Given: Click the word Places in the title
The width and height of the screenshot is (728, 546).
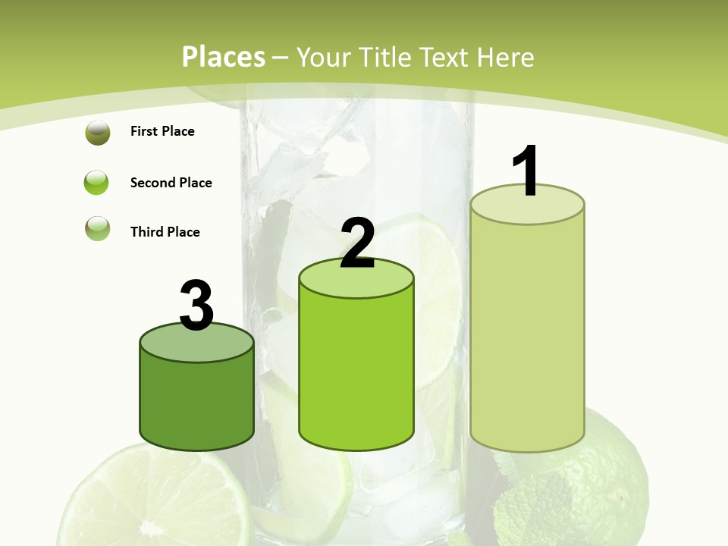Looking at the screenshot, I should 223,57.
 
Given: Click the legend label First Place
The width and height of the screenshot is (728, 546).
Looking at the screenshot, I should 162,131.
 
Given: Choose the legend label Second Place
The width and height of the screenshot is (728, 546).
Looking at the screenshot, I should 171,183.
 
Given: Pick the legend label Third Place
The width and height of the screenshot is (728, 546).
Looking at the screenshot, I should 165,232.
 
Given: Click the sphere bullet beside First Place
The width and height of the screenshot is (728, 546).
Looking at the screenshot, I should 98,133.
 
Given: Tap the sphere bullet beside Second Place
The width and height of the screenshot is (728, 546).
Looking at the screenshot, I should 97,183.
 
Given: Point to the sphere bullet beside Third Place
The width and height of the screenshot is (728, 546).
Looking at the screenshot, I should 98,229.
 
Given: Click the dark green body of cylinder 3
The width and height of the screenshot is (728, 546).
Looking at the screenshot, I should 196,402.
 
